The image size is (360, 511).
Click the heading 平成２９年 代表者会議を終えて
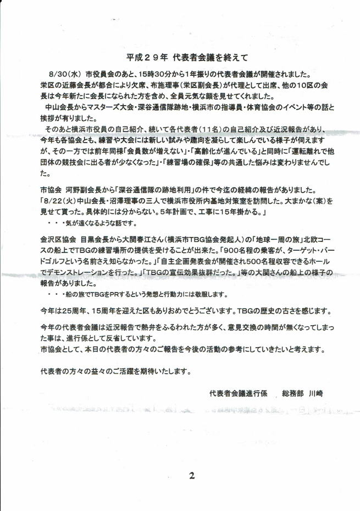tap(180, 57)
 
